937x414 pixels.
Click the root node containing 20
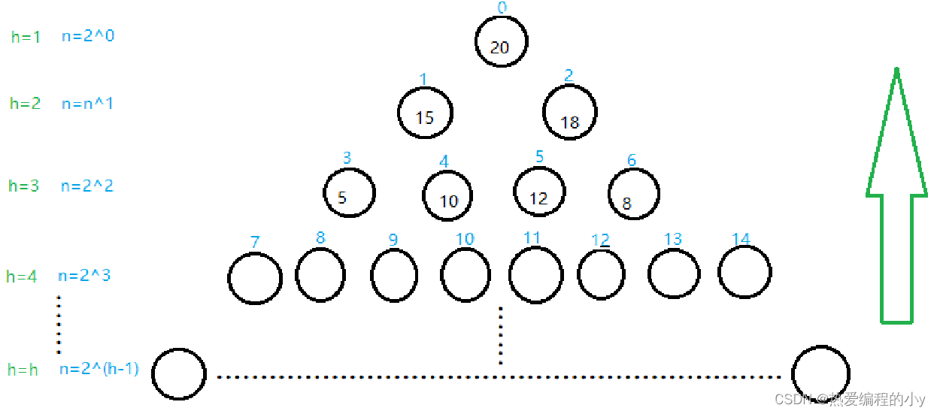point(501,41)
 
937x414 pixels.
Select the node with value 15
point(426,113)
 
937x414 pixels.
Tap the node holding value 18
point(570,112)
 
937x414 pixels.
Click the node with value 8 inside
point(634,193)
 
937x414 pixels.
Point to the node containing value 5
point(349,192)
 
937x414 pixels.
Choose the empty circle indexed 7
point(255,278)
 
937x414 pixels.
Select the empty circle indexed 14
point(744,271)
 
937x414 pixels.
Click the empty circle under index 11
point(535,275)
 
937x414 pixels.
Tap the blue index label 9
point(393,240)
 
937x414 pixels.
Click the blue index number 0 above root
point(502,8)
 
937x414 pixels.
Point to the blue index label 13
point(672,239)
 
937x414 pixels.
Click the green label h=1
point(26,36)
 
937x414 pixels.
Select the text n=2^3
point(84,276)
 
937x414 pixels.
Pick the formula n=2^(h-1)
point(99,369)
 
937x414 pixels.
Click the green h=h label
point(23,370)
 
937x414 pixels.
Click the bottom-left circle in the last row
point(179,374)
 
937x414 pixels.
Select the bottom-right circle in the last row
point(820,373)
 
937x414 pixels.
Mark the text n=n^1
point(87,104)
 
